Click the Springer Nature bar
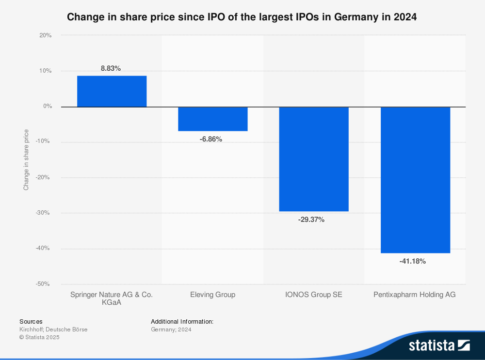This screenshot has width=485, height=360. [112, 91]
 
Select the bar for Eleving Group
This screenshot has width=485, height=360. [213, 119]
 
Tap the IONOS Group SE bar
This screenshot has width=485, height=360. [314, 159]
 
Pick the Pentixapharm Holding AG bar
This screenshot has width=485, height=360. [415, 180]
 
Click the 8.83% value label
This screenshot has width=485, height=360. [111, 69]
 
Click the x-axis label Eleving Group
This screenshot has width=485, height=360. [212, 295]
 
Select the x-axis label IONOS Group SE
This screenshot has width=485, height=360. [314, 295]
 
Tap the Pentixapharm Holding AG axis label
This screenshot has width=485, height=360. [415, 295]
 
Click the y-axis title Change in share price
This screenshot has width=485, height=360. [26, 159]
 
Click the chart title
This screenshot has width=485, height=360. [242, 17]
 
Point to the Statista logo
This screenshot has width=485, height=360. [439, 345]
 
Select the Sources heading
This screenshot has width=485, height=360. [31, 321]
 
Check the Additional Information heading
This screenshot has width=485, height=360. [182, 321]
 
